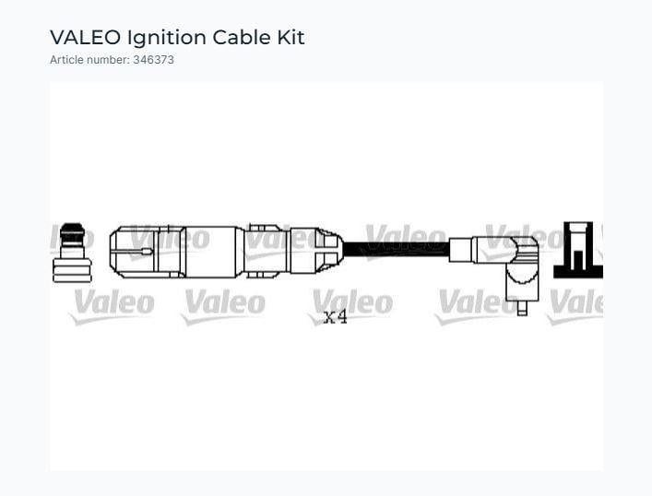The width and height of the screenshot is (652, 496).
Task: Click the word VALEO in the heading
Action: (x=85, y=38)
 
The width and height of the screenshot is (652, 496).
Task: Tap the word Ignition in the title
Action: (x=167, y=38)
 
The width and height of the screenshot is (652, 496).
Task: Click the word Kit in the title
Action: (x=291, y=38)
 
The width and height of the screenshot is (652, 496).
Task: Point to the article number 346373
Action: (x=153, y=60)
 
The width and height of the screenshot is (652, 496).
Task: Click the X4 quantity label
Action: (x=335, y=317)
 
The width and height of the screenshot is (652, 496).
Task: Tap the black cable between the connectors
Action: (x=397, y=249)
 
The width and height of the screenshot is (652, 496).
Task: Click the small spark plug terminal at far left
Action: (x=72, y=253)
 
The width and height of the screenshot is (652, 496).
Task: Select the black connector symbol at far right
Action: (x=578, y=250)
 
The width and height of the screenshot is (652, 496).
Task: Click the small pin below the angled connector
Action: (x=522, y=308)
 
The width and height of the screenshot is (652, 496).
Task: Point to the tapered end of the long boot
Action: (x=329, y=251)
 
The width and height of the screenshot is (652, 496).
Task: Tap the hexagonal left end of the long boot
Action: (x=133, y=252)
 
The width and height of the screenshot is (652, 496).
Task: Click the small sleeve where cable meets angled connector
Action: (x=460, y=250)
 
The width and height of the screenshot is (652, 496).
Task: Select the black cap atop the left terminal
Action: (x=72, y=232)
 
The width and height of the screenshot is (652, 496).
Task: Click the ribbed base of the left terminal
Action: (x=72, y=270)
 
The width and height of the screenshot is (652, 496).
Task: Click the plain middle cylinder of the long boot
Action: (x=211, y=252)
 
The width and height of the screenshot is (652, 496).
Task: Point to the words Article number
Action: (x=89, y=60)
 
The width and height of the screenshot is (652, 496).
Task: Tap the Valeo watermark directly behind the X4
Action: (x=351, y=306)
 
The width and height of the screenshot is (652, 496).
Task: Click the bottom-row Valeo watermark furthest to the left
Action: (x=113, y=306)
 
